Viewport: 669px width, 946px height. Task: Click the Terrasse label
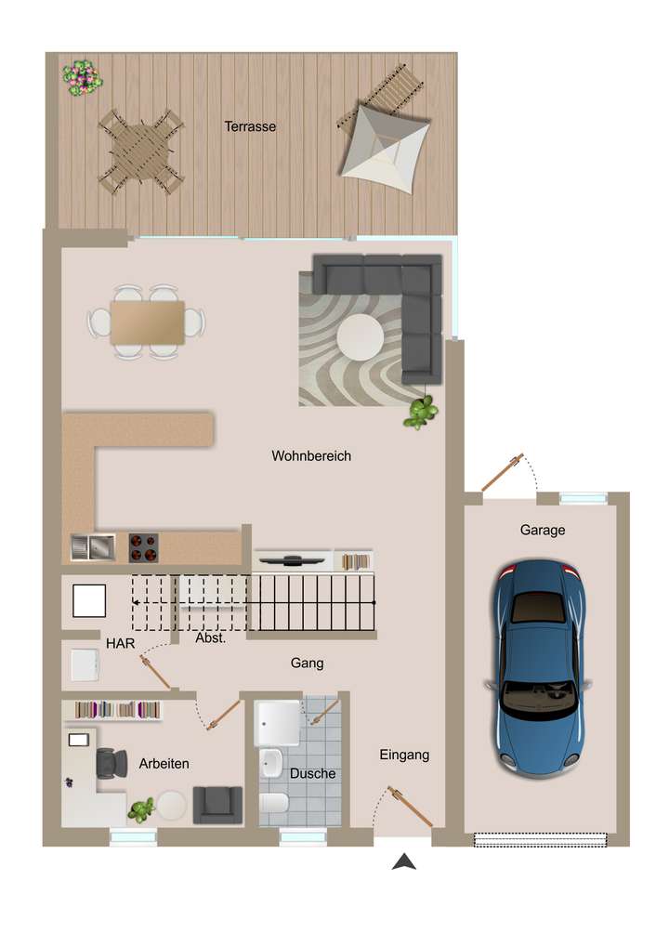[250, 126]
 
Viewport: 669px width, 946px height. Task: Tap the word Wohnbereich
[311, 456]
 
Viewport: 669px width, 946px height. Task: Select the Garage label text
[543, 530]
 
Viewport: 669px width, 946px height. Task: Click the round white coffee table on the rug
[359, 336]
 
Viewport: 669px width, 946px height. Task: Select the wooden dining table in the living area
[147, 322]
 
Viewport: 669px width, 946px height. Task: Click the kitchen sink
[92, 547]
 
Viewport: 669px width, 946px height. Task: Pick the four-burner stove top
[142, 547]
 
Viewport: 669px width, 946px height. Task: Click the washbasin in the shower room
[270, 762]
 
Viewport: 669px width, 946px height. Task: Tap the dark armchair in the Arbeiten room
[216, 804]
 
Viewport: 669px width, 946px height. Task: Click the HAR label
[119, 643]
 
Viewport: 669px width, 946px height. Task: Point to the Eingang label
[404, 755]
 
